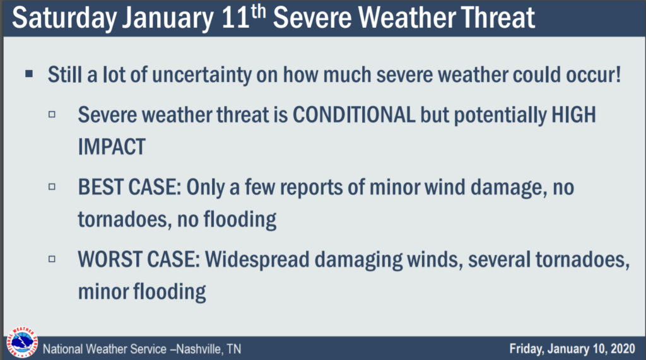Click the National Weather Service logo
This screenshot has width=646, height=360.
[22, 342]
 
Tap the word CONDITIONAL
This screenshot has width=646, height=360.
[354, 115]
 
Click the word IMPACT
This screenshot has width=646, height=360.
[112, 147]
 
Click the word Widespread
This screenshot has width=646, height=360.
[257, 260]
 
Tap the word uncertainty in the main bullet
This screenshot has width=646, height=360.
[202, 75]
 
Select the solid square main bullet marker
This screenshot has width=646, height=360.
[29, 74]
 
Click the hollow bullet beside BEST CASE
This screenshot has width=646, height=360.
[52, 187]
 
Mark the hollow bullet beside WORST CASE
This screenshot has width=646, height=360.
[52, 259]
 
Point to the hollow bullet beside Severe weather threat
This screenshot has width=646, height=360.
[52, 114]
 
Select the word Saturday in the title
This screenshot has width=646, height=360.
[64, 18]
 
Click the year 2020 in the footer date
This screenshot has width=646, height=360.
[623, 349]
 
